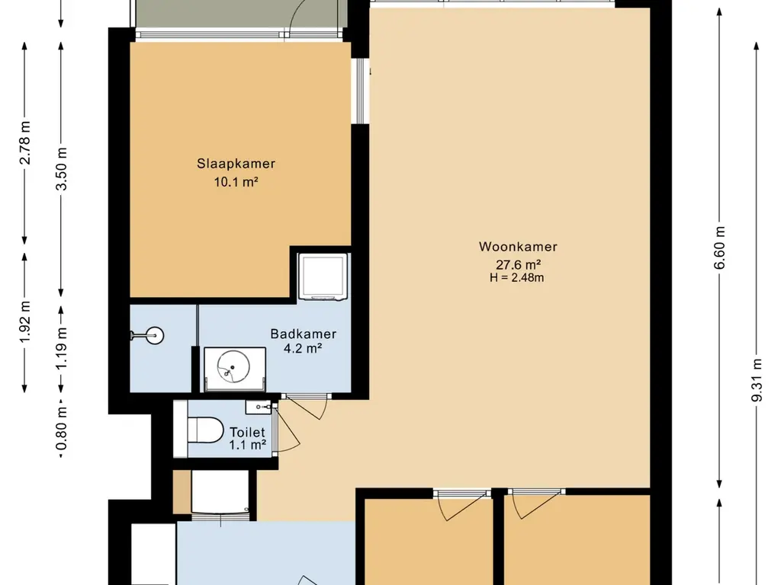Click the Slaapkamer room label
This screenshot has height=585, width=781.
(236, 164)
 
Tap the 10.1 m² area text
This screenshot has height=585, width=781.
(236, 182)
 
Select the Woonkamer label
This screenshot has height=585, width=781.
(518, 247)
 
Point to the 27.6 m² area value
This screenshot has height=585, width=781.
(518, 264)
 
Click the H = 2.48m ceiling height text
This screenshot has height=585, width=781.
(517, 277)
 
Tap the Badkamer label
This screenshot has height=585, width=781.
(304, 334)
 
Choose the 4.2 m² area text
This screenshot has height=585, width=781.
(303, 348)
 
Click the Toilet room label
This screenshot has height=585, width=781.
(247, 433)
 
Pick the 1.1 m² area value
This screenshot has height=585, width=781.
(248, 445)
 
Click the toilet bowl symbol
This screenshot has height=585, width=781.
(205, 430)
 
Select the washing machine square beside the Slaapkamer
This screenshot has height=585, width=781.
(323, 277)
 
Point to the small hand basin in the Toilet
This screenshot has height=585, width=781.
(258, 407)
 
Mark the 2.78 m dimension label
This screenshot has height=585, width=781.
(24, 142)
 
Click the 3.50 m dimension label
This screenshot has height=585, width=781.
(61, 169)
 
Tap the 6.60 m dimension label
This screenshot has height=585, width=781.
(719, 248)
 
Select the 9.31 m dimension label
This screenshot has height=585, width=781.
(757, 379)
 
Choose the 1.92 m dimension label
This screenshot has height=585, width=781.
(24, 321)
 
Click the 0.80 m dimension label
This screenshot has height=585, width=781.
(61, 428)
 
